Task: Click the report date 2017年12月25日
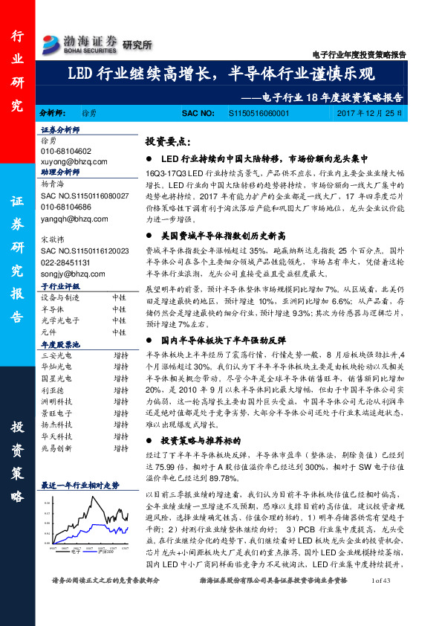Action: pyautogui.click(x=368, y=113)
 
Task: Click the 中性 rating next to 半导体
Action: pyautogui.click(x=119, y=307)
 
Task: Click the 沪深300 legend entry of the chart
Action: pyautogui.click(x=106, y=551)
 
